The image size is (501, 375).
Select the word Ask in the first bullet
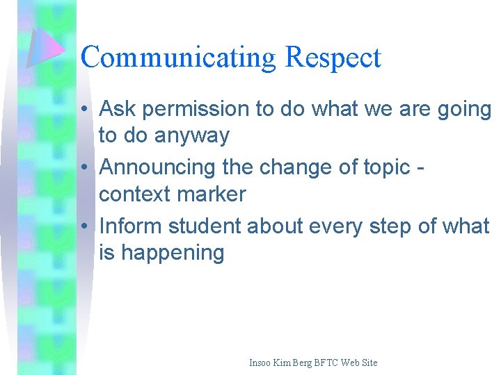[117, 109]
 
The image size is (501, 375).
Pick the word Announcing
[157, 168]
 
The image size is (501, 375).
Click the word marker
[212, 194]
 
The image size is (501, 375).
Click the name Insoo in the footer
[262, 362]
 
